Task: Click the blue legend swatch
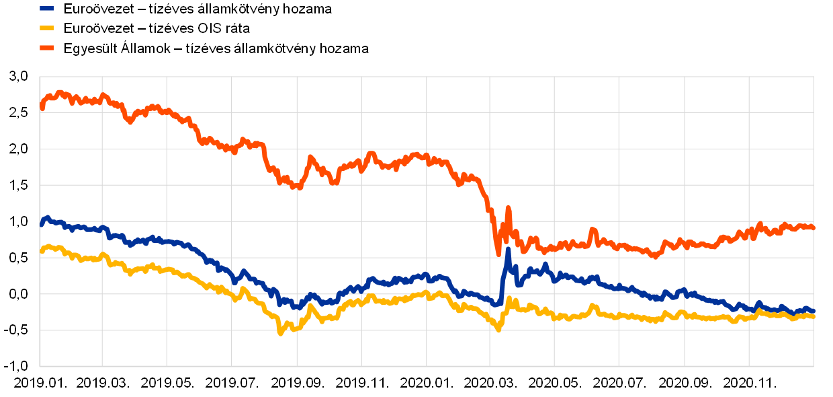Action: tap(46, 9)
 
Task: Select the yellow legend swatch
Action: tap(46, 28)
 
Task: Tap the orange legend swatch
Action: tap(46, 48)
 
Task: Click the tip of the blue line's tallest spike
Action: tap(508, 249)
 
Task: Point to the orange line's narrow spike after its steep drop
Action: tap(508, 208)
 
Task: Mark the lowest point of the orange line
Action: tap(498, 254)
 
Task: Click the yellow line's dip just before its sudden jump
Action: tap(498, 330)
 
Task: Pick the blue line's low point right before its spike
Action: tap(497, 304)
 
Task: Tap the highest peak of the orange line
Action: tap(59, 92)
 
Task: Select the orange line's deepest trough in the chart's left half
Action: tap(299, 187)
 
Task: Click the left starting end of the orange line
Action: tap(42, 107)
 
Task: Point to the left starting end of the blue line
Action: tap(42, 224)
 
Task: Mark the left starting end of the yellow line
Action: tap(42, 251)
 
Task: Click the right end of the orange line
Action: tap(814, 228)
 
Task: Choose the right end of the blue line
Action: tap(814, 311)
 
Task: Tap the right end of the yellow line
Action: tap(814, 316)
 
